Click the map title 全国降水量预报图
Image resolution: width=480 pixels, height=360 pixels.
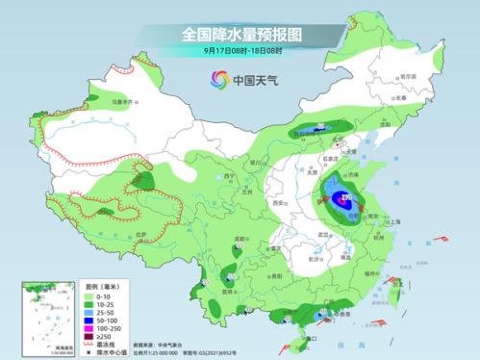pos(240,34)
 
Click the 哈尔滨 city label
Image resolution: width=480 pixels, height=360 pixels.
pos(408,77)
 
